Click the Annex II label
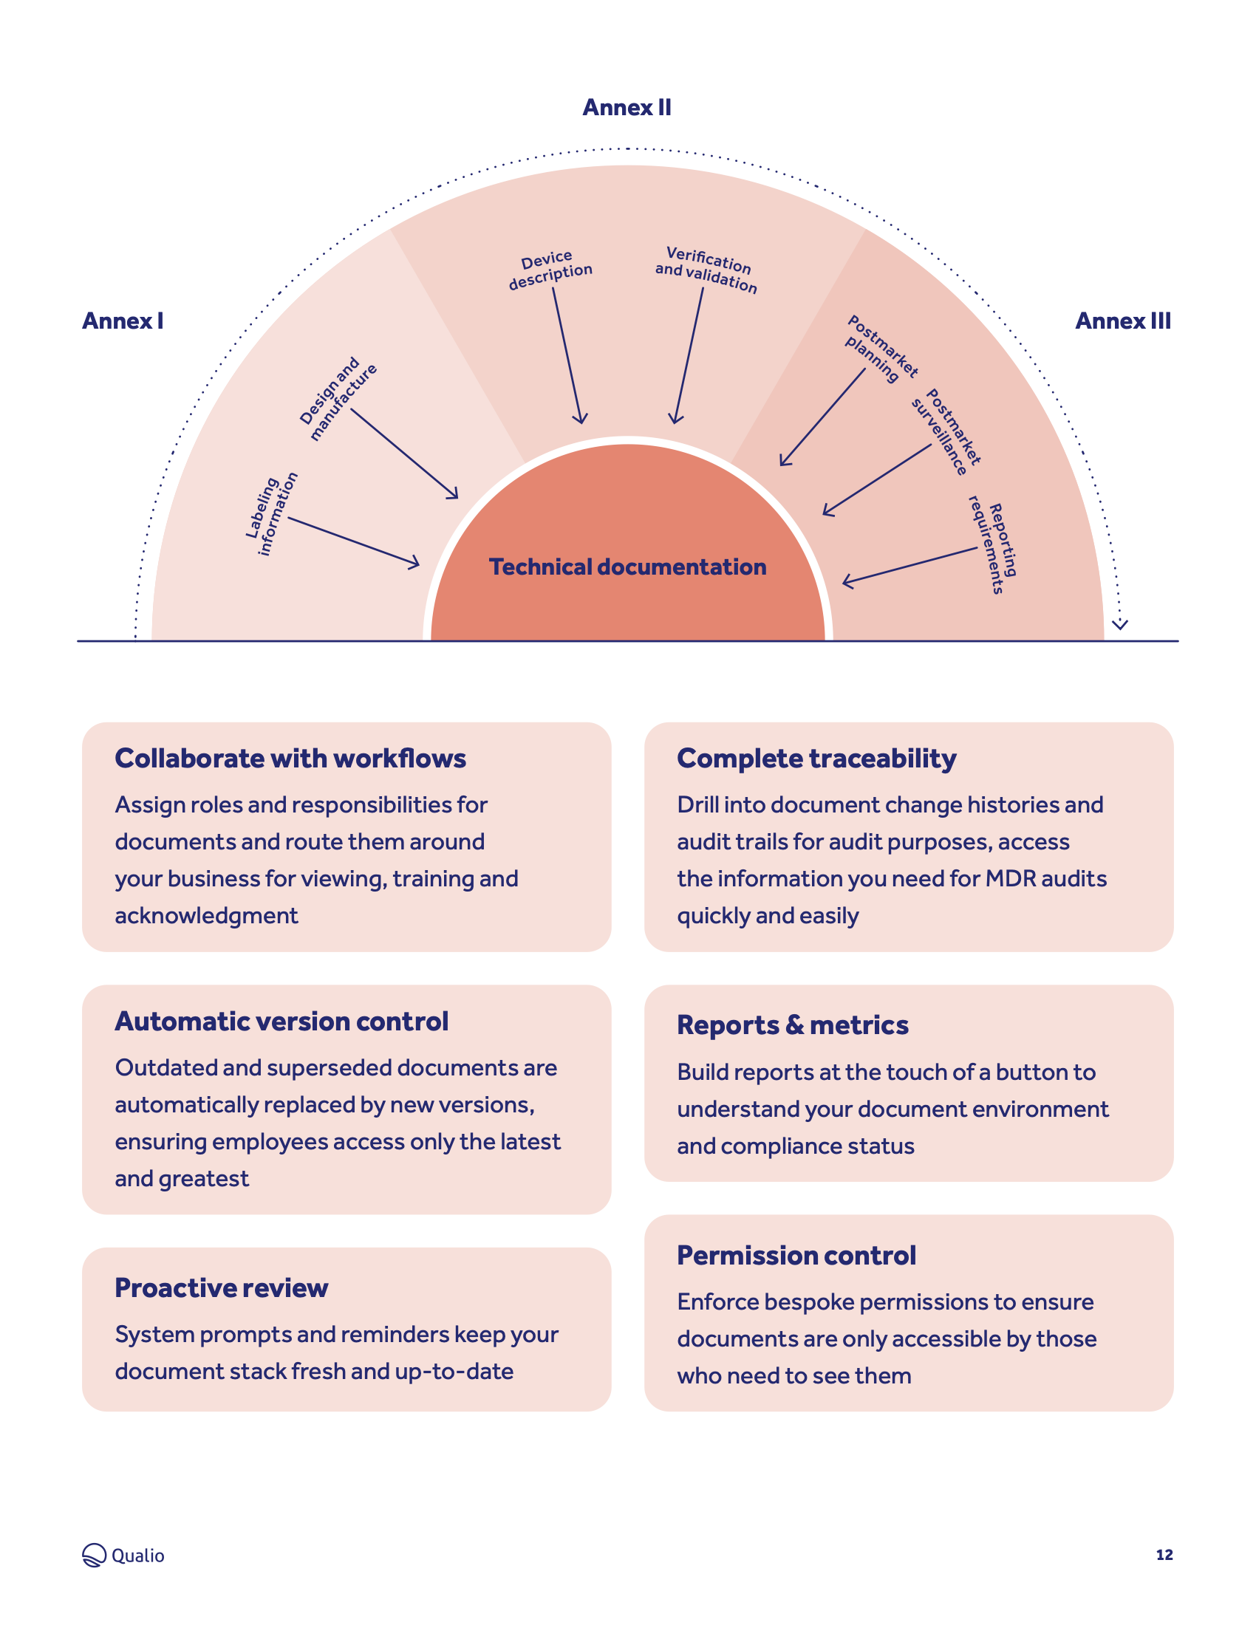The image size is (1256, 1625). pyautogui.click(x=627, y=108)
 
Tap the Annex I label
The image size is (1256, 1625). pyautogui.click(x=123, y=321)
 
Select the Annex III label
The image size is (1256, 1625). pyautogui.click(x=1123, y=321)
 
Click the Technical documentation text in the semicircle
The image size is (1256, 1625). pyautogui.click(x=627, y=567)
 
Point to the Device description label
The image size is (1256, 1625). pyautogui.click(x=550, y=270)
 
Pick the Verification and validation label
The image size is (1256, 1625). pyautogui.click(x=706, y=270)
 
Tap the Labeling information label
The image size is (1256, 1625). pyautogui.click(x=272, y=513)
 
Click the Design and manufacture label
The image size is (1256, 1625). pyautogui.click(x=338, y=400)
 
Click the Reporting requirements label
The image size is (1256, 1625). pyautogui.click(x=992, y=544)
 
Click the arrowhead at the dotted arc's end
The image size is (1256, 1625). pyautogui.click(x=1120, y=624)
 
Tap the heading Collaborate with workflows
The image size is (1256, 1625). pyautogui.click(x=290, y=758)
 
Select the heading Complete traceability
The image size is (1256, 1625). pyautogui.click(x=816, y=759)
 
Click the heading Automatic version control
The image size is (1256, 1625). pyautogui.click(x=281, y=1022)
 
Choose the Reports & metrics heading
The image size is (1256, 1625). pyautogui.click(x=793, y=1025)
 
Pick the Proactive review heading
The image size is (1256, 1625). pyautogui.click(x=221, y=1288)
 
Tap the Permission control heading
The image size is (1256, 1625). pyautogui.click(x=796, y=1255)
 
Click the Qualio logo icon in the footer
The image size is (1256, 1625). pyautogui.click(x=95, y=1555)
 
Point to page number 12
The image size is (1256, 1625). pyautogui.click(x=1164, y=1555)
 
